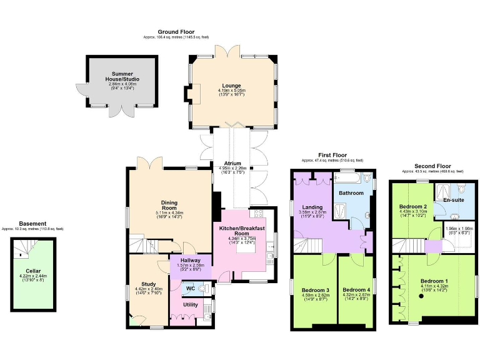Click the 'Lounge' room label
click(231, 86)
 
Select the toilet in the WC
click(206, 289)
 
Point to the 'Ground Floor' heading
click(176, 32)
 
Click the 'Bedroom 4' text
click(355, 289)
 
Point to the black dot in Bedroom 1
click(421, 296)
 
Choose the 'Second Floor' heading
click(434, 166)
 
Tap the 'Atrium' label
click(233, 164)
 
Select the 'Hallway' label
click(190, 261)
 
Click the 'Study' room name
click(148, 283)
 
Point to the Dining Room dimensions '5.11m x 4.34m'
click(169, 212)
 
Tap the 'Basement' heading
click(32, 224)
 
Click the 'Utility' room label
click(190, 304)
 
